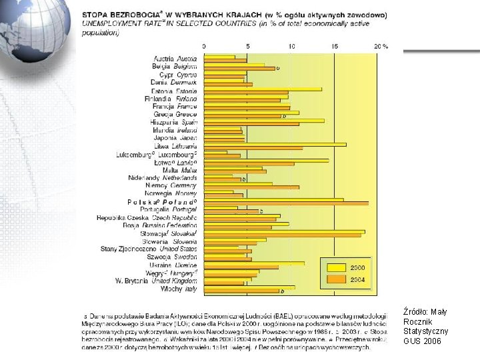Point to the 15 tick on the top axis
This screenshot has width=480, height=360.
pos(335,47)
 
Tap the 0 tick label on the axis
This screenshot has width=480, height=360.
pos(204,47)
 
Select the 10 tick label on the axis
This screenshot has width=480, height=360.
pos(292,47)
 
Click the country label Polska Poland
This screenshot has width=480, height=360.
pos(162,201)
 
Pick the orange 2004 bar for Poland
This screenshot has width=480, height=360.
pos(286,203)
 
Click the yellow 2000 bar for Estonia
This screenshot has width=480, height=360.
pos(263,89)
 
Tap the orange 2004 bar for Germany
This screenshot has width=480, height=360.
pos(251,187)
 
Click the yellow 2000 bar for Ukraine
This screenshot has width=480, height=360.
pos(254,263)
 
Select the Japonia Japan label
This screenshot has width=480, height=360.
pos(175,138)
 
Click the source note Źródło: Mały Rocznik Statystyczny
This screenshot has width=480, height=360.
pos(426,326)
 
